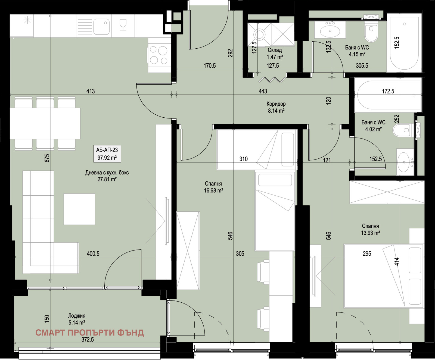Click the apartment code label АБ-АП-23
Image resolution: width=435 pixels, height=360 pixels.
pos(107,150)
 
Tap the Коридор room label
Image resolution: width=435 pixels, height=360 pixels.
pos(276,104)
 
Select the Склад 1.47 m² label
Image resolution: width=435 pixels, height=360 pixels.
pos(275,54)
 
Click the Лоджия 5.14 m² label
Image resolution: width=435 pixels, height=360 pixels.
pos(77,319)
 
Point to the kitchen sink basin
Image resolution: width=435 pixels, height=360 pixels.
pos(101,26)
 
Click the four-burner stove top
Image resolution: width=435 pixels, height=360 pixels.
pos(159,55)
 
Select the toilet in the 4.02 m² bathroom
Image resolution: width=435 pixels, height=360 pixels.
pos(403,130)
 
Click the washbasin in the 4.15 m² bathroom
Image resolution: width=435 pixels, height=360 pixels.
pos(330,30)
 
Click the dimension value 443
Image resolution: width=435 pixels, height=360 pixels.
pos(263,91)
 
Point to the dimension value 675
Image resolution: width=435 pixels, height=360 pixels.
pos(47,158)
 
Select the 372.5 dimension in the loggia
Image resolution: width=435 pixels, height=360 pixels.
pos(88,339)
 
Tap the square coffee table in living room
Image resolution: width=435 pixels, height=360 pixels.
pos(79,209)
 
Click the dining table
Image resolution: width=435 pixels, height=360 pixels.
pos(45,123)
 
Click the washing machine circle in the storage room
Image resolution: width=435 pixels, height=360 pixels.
pos(259,35)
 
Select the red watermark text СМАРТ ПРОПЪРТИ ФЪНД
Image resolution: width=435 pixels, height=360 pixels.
pos(90,333)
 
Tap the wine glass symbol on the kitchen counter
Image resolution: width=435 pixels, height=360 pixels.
pos(123,24)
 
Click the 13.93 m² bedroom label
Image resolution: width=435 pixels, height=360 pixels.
pos(370,229)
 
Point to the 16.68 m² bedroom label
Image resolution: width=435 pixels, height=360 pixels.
pos(213,187)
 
